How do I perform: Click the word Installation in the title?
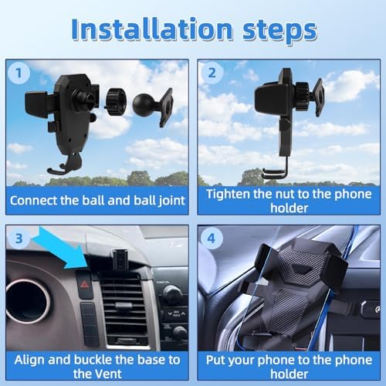point(152,29)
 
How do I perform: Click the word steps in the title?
point(279,32)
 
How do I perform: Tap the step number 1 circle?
point(19,73)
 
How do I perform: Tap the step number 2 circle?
point(212,73)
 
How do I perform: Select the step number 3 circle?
point(19,239)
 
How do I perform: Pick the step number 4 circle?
point(212,239)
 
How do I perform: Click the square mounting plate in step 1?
point(166,107)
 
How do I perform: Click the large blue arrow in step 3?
point(63,249)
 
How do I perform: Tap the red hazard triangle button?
point(84,284)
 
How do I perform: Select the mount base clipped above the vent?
point(120,258)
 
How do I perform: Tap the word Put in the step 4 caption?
point(215,360)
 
